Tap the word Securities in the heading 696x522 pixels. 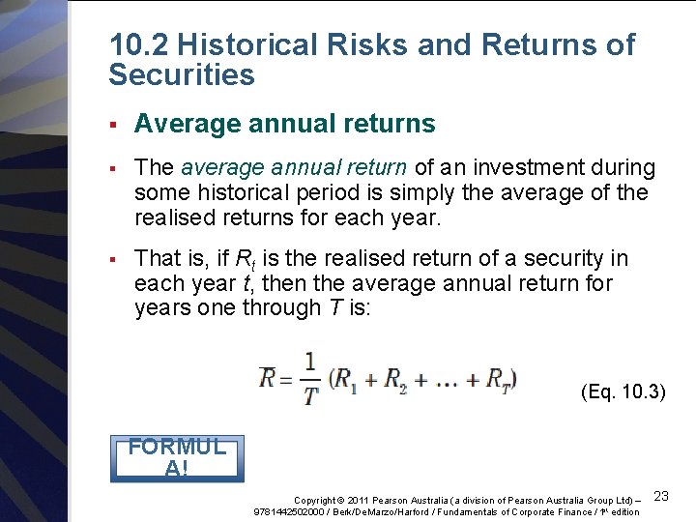coord(182,75)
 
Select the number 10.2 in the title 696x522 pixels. coord(139,44)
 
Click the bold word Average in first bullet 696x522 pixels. coord(184,125)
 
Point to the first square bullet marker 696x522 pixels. coord(113,125)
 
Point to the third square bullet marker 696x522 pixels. coord(113,259)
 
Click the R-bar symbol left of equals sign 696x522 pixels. coord(268,376)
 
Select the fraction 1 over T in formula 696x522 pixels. coord(310,378)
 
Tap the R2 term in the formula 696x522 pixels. coord(395,378)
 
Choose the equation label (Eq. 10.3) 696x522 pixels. coord(623,391)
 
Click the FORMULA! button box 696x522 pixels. coord(177,458)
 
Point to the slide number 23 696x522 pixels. coord(661,496)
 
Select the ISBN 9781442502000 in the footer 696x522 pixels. coord(288,511)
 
